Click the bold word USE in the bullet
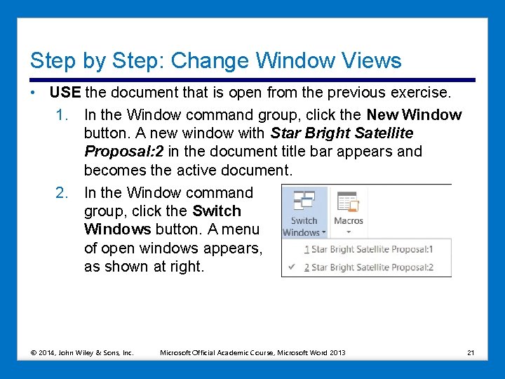tap(65, 93)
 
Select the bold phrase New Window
tap(414, 114)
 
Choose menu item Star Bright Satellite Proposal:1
tap(372, 249)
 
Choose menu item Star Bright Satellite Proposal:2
tap(372, 267)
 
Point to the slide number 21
tap(470, 352)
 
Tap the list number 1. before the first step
tap(62, 114)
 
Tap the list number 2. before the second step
tap(62, 192)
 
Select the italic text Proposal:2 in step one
tap(122, 152)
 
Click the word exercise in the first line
tap(421, 93)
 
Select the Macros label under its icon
tap(349, 220)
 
